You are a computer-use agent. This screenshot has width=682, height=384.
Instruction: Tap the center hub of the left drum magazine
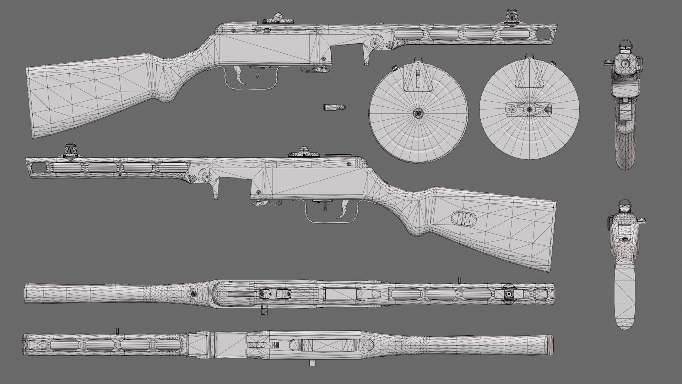coord(418,113)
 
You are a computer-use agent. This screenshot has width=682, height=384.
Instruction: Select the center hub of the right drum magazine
coord(530,110)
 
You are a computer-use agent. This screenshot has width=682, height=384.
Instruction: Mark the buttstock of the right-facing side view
coord(89,94)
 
